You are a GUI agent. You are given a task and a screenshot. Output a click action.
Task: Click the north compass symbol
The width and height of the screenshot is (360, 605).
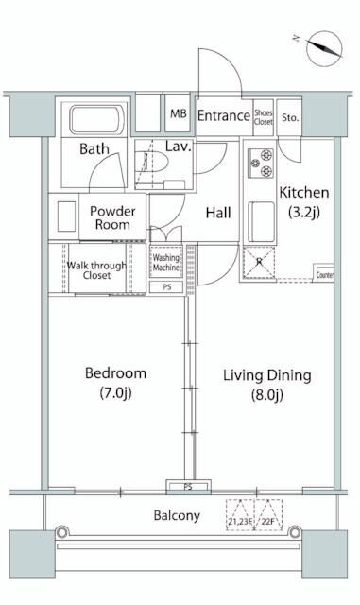pyautogui.click(x=323, y=48)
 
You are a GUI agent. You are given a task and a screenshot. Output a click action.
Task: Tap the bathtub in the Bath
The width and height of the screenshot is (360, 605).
pyautogui.click(x=96, y=119)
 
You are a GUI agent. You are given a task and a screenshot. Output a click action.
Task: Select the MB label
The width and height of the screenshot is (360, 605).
pyautogui.click(x=179, y=113)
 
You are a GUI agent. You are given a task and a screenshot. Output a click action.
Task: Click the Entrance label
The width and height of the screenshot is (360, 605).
pyautogui.click(x=224, y=115)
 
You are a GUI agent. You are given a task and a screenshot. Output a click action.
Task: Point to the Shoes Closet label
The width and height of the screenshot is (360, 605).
pyautogui.click(x=264, y=117)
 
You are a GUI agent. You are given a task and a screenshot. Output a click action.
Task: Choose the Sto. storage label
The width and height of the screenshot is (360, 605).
pyautogui.click(x=290, y=117)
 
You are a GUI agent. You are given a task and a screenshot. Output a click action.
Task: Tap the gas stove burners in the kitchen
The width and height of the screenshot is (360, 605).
pyautogui.click(x=261, y=163)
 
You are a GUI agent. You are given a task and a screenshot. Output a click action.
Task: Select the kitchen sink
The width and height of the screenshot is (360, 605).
pyautogui.click(x=261, y=221)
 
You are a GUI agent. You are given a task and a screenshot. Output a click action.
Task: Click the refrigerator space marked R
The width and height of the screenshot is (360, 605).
pyautogui.click(x=259, y=263)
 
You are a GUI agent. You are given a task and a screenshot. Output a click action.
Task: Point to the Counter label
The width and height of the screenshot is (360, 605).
pyautogui.click(x=324, y=275)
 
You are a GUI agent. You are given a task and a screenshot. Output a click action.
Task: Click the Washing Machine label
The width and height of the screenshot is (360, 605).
pyautogui.click(x=166, y=263)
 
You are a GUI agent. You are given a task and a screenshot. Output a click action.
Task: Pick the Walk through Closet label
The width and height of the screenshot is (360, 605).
pyautogui.click(x=96, y=270)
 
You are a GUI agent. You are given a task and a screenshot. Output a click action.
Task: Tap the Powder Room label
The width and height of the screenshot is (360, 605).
pyautogui.click(x=112, y=217)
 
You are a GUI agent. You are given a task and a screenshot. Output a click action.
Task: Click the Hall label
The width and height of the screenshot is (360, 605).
pyautogui.click(x=218, y=213)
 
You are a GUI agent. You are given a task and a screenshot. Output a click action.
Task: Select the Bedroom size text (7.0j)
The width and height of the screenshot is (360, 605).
pyautogui.click(x=116, y=393)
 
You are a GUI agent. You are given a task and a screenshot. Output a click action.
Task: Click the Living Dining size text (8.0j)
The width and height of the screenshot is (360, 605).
pyautogui.click(x=267, y=395)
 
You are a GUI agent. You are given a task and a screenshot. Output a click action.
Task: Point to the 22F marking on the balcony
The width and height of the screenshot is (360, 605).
pyautogui.click(x=268, y=522)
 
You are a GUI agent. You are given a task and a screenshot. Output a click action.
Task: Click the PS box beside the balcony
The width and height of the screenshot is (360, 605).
pyautogui.click(x=188, y=487)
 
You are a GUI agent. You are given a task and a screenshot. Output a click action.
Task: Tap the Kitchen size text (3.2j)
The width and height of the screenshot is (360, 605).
pyautogui.click(x=304, y=212)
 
